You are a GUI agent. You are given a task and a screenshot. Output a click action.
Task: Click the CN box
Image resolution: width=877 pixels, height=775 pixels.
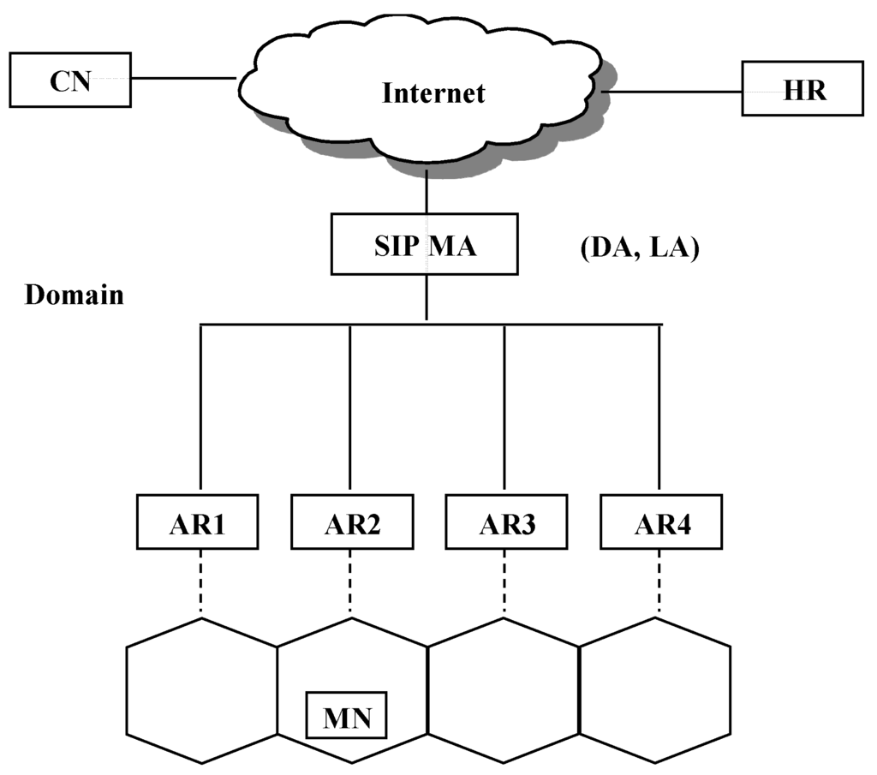point(70,80)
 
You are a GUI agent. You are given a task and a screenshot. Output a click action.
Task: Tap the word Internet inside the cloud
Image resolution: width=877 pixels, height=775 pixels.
point(433,92)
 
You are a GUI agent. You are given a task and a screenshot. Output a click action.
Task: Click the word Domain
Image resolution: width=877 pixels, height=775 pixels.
point(74,295)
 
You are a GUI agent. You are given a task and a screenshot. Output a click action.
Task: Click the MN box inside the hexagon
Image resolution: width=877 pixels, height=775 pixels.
point(347,716)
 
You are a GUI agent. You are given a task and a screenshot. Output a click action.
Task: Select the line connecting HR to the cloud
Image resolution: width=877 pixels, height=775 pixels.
point(672,90)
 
